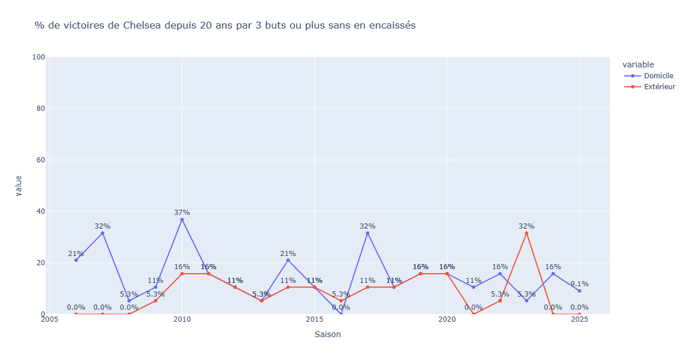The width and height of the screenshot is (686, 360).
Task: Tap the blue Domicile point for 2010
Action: click(182, 219)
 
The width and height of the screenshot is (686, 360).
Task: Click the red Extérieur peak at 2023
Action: click(527, 233)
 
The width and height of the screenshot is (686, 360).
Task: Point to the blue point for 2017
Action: click(368, 233)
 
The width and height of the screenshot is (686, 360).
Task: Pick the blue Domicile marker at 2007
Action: click(102, 233)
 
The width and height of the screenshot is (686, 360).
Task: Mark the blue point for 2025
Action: click(579, 291)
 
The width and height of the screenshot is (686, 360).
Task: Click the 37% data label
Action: click(182, 213)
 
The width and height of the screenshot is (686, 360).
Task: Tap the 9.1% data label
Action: click(579, 284)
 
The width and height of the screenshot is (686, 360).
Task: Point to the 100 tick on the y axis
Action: click(38, 57)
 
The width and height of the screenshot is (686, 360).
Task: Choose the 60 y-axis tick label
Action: click(41, 160)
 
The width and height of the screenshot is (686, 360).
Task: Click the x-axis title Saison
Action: click(328, 334)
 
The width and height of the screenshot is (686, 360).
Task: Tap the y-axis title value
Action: click(18, 186)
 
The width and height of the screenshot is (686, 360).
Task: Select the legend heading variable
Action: click(638, 65)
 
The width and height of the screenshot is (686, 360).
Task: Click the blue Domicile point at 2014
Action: click(288, 260)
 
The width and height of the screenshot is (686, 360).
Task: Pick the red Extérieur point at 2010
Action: click(182, 274)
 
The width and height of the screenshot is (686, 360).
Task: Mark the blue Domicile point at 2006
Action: click(76, 260)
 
